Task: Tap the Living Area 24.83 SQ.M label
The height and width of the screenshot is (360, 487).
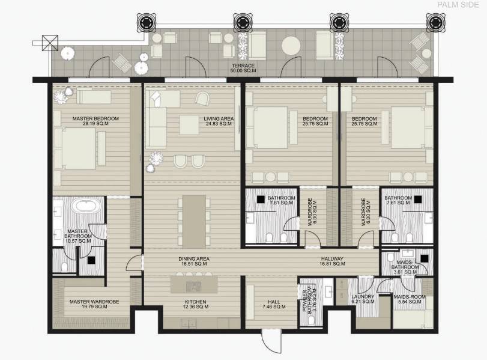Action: click(219, 121)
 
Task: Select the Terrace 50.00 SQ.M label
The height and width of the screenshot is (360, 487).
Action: click(243, 68)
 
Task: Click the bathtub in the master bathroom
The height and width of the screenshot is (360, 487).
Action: click(86, 206)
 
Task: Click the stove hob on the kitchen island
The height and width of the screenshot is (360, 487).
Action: click(193, 286)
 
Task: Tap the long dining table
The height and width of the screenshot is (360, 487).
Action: click(194, 222)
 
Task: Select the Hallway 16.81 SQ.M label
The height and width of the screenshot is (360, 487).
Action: click(332, 261)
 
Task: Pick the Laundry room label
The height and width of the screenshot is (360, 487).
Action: click(363, 299)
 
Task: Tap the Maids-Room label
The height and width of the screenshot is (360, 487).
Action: click(410, 299)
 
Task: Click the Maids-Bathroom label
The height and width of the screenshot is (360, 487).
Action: click(405, 267)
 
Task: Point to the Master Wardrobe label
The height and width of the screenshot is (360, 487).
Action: click(94, 304)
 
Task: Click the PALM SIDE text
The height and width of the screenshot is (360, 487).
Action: click(458, 5)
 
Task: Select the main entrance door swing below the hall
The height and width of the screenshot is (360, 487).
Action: click(271, 341)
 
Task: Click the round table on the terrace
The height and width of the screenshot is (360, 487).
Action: click(291, 46)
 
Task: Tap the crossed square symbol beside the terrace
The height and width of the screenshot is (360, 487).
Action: click(50, 43)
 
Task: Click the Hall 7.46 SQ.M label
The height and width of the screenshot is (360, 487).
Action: click(274, 304)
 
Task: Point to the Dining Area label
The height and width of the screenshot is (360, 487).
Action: click(194, 261)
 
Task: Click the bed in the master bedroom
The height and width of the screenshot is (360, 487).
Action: click(79, 148)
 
